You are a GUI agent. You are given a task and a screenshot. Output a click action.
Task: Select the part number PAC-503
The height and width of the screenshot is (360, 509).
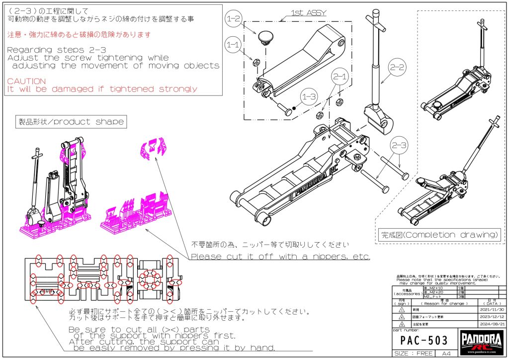pos(424,342)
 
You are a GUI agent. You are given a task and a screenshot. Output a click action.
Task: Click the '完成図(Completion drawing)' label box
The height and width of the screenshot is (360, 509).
pos(439,234)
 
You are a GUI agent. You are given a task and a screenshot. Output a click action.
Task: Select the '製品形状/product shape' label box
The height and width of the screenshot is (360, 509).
pos(71,121)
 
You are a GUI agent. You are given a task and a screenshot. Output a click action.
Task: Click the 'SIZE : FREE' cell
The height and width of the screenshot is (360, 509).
pos(413,354)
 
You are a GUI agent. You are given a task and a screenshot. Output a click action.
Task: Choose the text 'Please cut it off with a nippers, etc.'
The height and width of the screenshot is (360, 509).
pos(280,257)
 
